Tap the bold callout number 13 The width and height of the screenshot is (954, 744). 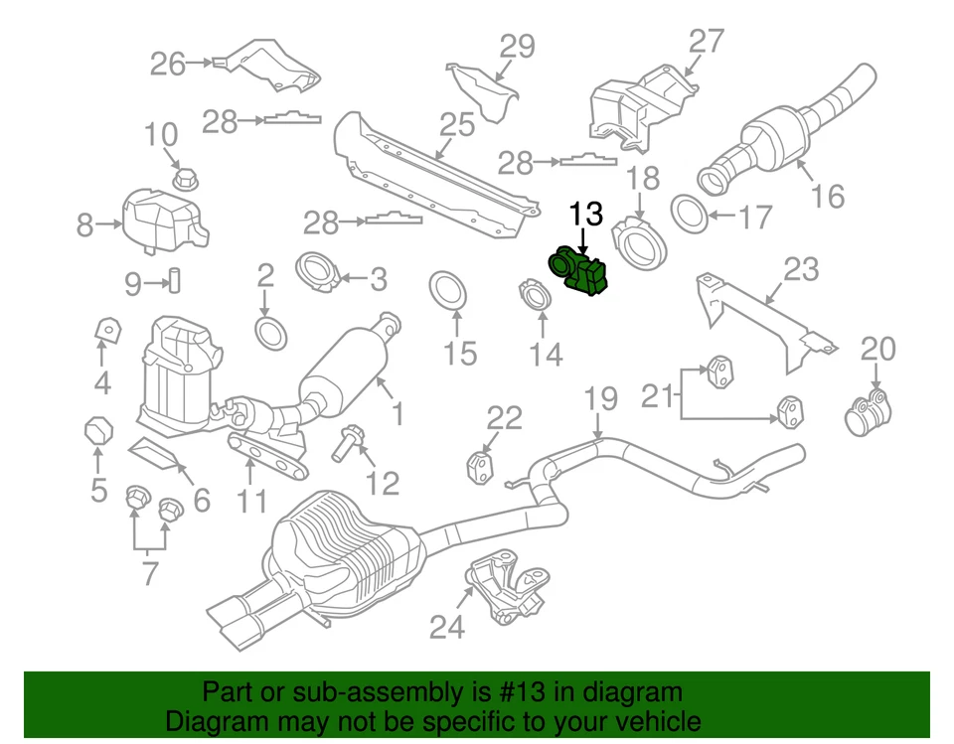[x=585, y=214]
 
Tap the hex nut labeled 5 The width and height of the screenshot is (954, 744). [x=96, y=431]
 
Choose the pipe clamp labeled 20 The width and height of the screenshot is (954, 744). [x=867, y=413]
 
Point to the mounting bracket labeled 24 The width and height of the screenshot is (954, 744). [x=507, y=587]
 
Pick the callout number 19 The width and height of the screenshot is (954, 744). [x=600, y=399]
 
